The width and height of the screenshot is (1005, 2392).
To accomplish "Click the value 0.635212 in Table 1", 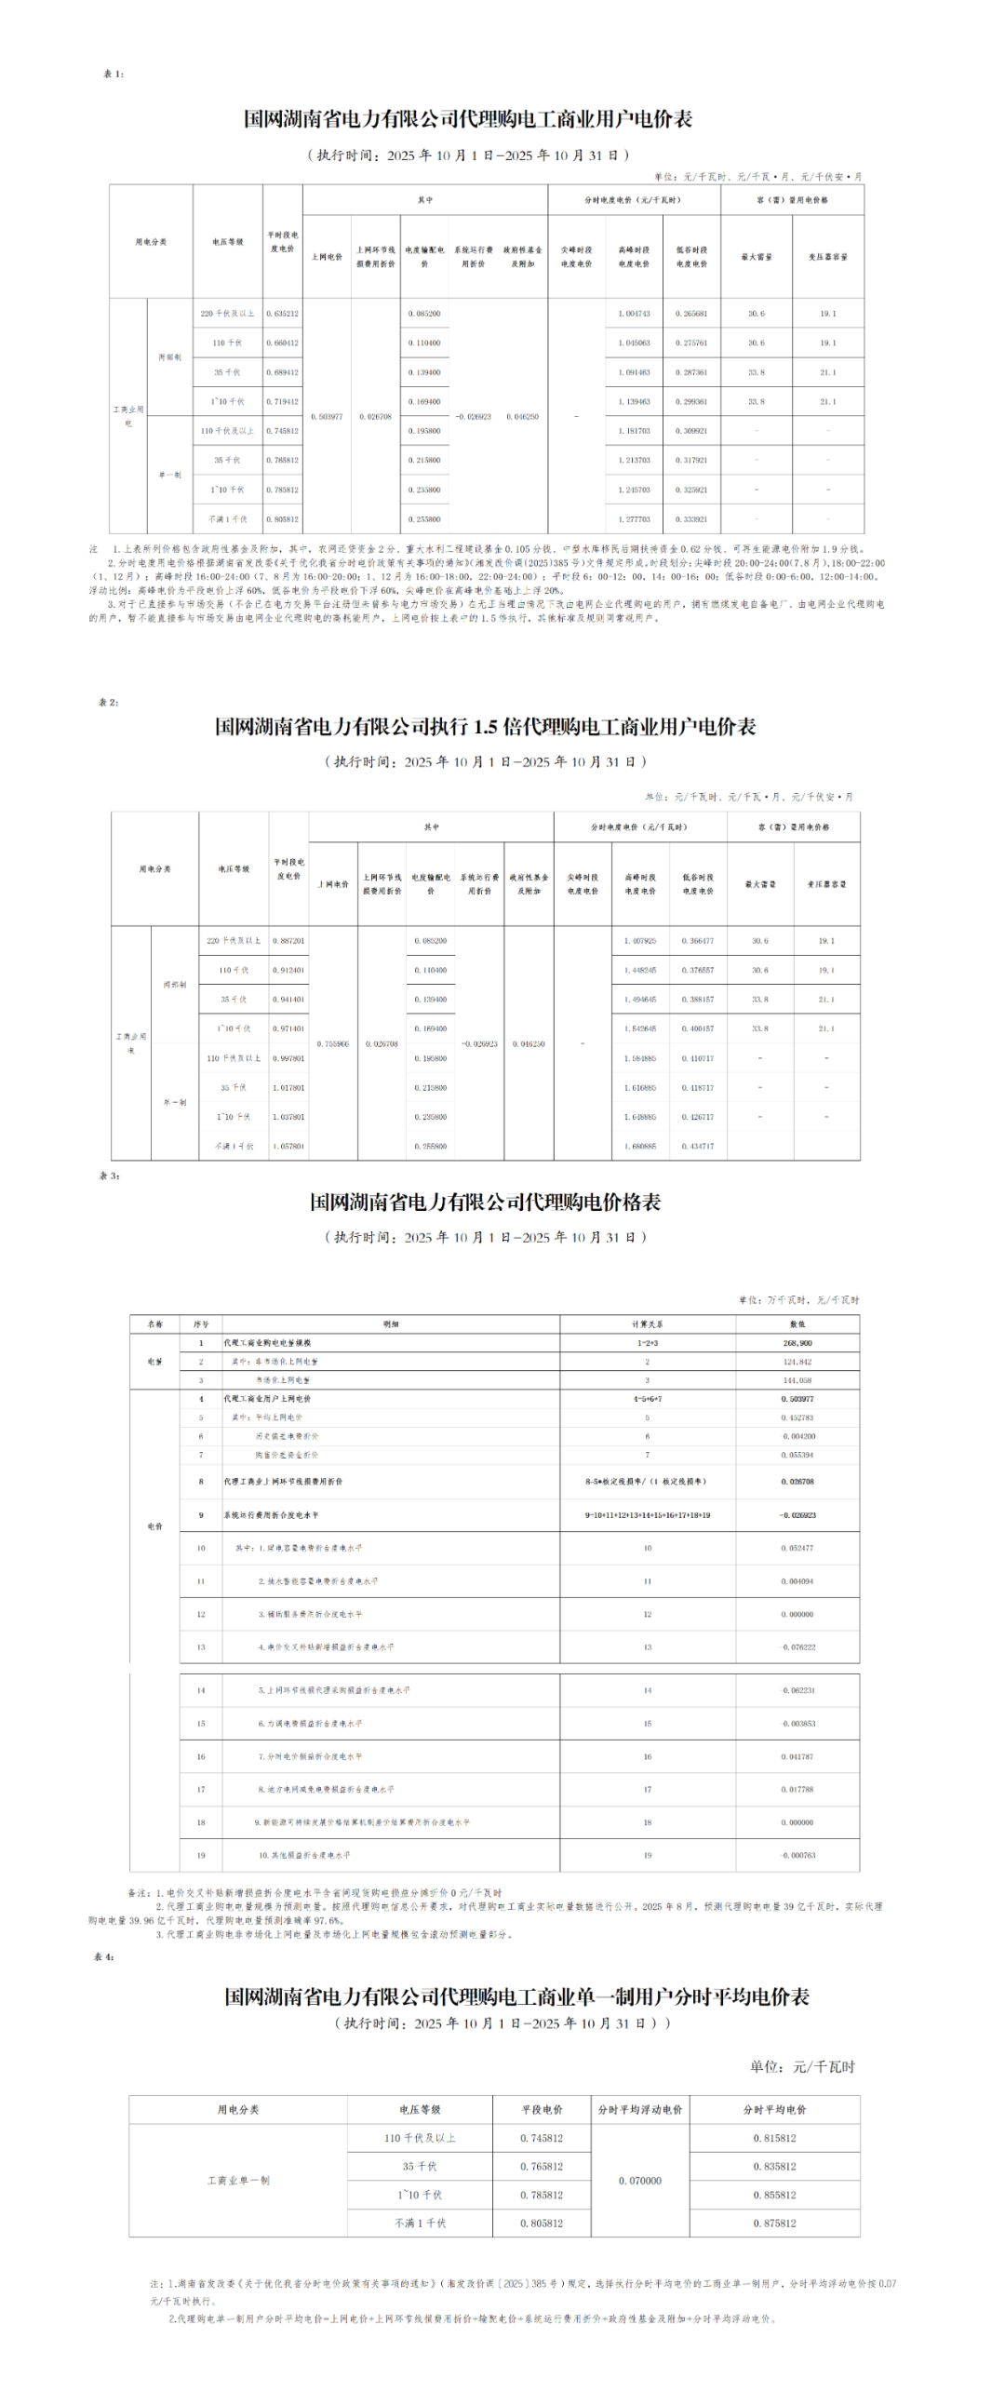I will coord(282,314).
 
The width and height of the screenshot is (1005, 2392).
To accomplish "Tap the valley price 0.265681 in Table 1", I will coord(691,314).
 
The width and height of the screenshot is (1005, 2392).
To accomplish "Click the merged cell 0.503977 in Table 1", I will coord(327,417).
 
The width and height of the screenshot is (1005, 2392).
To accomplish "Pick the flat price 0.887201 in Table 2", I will coord(288,941).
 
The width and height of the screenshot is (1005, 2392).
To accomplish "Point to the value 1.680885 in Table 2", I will coord(640,1147).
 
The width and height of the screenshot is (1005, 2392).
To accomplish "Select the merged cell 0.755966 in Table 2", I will coord(333,1044).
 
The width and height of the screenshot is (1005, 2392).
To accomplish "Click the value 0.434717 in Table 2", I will coord(698,1147).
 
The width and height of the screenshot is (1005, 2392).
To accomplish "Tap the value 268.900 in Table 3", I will coord(797,1343).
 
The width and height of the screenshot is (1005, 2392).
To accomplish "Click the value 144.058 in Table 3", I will coord(797,1380).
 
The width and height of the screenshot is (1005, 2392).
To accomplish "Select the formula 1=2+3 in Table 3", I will coord(648,1343).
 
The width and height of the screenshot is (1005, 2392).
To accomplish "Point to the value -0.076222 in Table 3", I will coord(797,1647).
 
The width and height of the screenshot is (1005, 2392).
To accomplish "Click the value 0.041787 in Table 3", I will coord(797,1757).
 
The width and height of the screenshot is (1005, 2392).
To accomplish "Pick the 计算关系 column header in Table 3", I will coord(648,1324).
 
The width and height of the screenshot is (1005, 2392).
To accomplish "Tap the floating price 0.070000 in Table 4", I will coord(640,2181).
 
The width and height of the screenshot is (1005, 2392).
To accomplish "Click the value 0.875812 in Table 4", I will coord(775,2224).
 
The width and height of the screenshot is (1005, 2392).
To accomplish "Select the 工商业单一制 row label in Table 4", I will coord(238,2181).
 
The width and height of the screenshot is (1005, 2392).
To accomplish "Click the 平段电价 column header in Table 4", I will coord(542,2110).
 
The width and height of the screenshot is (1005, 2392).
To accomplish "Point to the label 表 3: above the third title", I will coord(110,1176).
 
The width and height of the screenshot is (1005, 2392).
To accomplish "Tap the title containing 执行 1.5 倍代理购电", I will coord(485,727).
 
